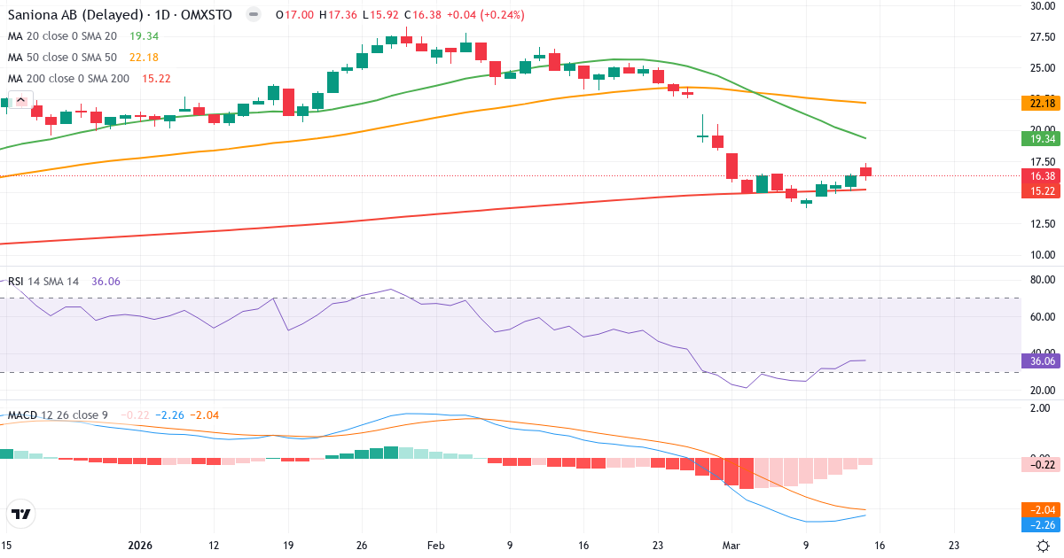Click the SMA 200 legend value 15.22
(x=155, y=79)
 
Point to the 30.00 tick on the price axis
(x=1040, y=6)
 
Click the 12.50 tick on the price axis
(x=1040, y=224)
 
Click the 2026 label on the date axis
(x=141, y=546)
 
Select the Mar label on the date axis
(x=731, y=546)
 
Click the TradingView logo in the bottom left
(x=20, y=514)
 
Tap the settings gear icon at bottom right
(x=1044, y=546)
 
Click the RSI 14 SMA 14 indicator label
(x=43, y=281)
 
